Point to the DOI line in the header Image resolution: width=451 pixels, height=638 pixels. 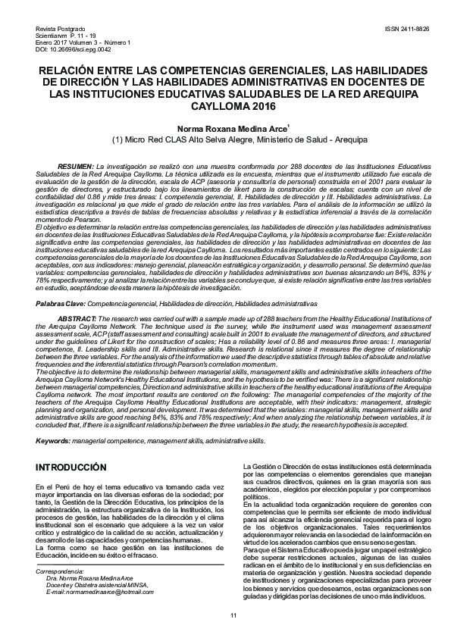point(62,48)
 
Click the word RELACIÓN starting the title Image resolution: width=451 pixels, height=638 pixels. point(58,70)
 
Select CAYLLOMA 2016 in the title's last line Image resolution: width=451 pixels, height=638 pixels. point(225,106)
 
